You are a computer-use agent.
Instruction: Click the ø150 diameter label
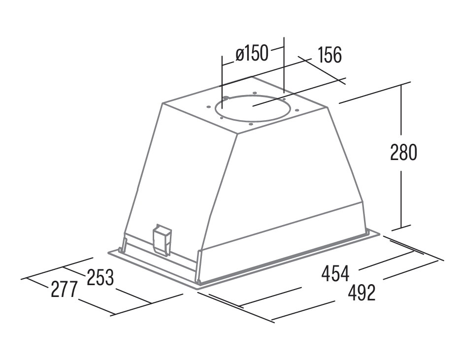point(252,53)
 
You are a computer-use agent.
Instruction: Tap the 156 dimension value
point(329,55)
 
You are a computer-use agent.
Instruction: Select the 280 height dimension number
point(403,152)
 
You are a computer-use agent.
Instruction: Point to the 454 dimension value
point(335,273)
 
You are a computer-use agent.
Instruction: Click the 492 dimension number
point(361,293)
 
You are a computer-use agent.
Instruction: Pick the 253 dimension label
point(100,277)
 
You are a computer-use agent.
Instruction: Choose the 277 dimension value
point(64,289)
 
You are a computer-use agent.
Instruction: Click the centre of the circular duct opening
point(253,108)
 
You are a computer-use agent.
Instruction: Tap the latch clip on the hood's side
point(162,239)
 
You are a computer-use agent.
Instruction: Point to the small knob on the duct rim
point(226,98)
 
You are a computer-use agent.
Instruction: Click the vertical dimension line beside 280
point(401,156)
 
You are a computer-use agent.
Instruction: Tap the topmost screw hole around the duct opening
point(255,93)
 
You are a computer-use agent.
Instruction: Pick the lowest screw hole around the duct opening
point(251,124)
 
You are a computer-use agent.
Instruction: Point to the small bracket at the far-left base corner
point(122,245)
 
